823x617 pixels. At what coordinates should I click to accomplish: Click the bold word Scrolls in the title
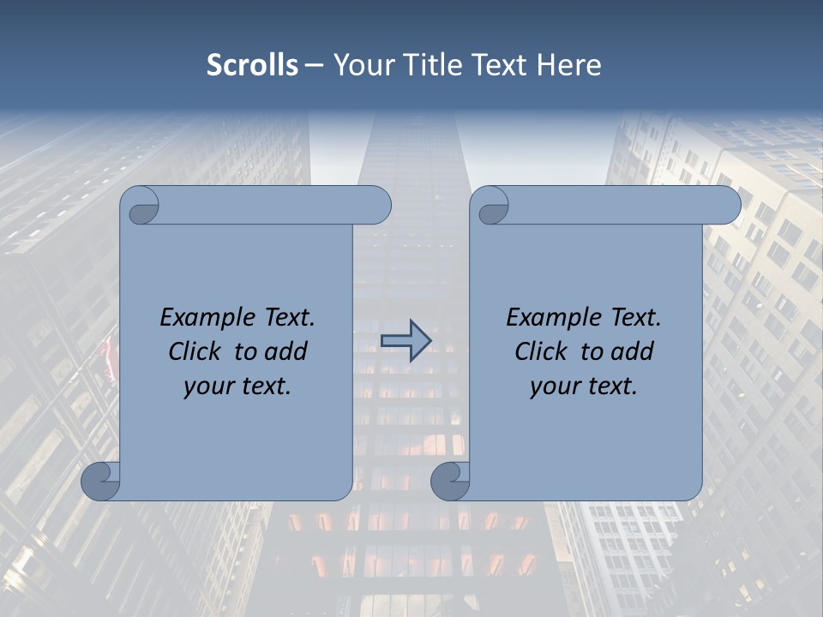(252, 65)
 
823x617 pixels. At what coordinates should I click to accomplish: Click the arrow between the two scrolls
(405, 341)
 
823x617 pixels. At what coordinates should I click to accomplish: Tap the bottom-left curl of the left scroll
(100, 481)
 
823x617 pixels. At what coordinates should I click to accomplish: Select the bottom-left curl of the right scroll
(450, 481)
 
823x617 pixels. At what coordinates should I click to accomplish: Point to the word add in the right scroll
(634, 351)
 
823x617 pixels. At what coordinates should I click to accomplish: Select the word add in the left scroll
(287, 351)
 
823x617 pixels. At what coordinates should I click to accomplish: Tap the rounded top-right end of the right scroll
(725, 206)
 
